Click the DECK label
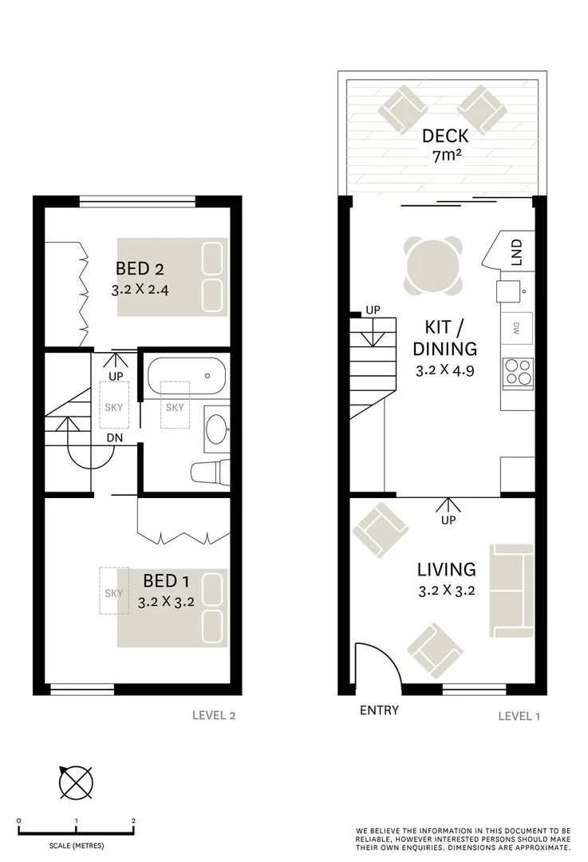tap(445, 135)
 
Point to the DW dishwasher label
tap(516, 326)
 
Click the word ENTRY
tap(379, 710)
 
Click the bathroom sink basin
tap(215, 430)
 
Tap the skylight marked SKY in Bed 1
tap(113, 593)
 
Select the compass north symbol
tap(75, 781)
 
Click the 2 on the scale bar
tap(133, 820)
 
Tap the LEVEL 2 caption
tap(214, 715)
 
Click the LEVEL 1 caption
tap(519, 716)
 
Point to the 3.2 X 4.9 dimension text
tap(447, 370)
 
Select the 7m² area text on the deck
tap(445, 156)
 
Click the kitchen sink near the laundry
tap(509, 291)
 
